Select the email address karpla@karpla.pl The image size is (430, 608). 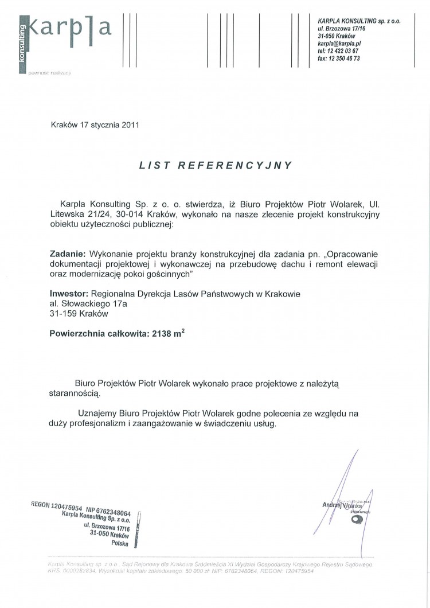pos(339,43)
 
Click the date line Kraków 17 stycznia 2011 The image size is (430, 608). pos(95,123)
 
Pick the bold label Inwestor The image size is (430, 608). pos(69,294)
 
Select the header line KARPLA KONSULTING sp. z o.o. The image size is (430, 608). pos(359,20)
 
